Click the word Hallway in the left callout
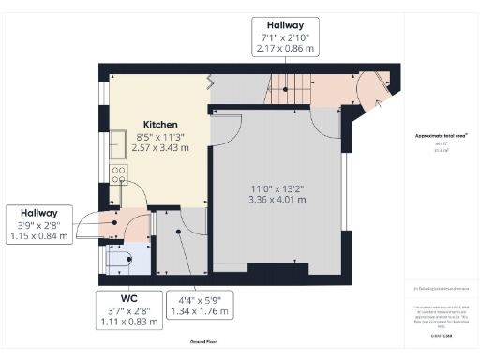click(x=35, y=213)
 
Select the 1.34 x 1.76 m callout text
click(x=199, y=310)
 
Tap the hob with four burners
click(x=119, y=173)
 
